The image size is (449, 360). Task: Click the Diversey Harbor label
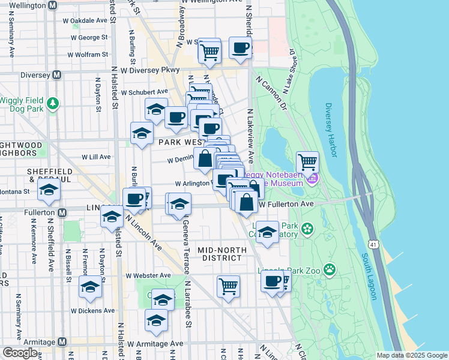click(x=331, y=130)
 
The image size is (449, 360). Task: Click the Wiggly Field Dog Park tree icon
click(x=53, y=103)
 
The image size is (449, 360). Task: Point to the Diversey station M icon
click(x=57, y=75)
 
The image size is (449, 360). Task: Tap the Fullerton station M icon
click(x=62, y=213)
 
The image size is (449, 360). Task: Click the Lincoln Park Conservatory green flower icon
click(x=308, y=229)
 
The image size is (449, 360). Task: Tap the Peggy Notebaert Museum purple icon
click(x=312, y=178)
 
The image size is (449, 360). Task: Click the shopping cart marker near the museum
click(x=307, y=161)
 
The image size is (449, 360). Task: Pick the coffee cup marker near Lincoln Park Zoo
click(x=273, y=280)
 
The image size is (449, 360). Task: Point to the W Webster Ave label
click(x=148, y=275)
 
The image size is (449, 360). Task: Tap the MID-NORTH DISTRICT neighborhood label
click(x=223, y=253)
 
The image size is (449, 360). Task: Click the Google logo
click(x=20, y=353)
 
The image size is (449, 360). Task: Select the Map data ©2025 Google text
click(x=411, y=355)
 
